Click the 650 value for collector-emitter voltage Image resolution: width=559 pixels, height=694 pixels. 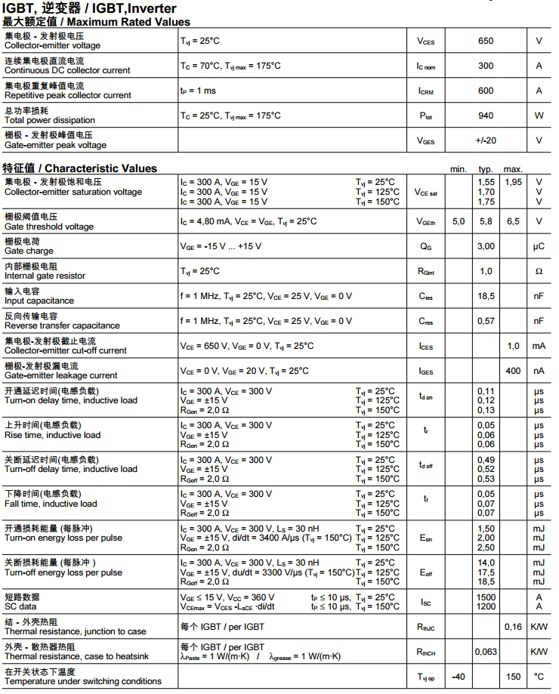486,41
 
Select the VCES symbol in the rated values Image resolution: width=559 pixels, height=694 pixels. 426,42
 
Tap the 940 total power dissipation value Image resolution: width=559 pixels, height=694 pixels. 486,116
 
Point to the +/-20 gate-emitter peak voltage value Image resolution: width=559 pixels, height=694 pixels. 486,140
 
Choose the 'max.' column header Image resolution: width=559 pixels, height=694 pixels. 513,169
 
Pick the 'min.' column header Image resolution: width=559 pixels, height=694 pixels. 459,169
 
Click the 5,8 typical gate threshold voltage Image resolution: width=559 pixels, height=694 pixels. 486,221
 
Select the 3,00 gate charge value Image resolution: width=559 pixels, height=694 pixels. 486,246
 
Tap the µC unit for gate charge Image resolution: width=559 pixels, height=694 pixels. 539,246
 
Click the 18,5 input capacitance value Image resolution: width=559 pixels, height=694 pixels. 486,296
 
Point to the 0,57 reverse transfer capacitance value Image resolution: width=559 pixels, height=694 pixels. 486,321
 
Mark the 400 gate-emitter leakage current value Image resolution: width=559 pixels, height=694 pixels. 514,371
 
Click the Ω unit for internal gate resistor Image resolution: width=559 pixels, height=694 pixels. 539,271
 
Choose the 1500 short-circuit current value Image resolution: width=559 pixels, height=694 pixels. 486,597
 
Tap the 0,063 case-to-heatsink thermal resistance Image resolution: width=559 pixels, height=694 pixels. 486,652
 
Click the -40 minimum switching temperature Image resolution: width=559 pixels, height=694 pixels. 459,677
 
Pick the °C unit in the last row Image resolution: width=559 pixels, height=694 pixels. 539,677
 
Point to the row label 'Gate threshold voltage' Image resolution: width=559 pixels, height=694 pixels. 49,227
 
